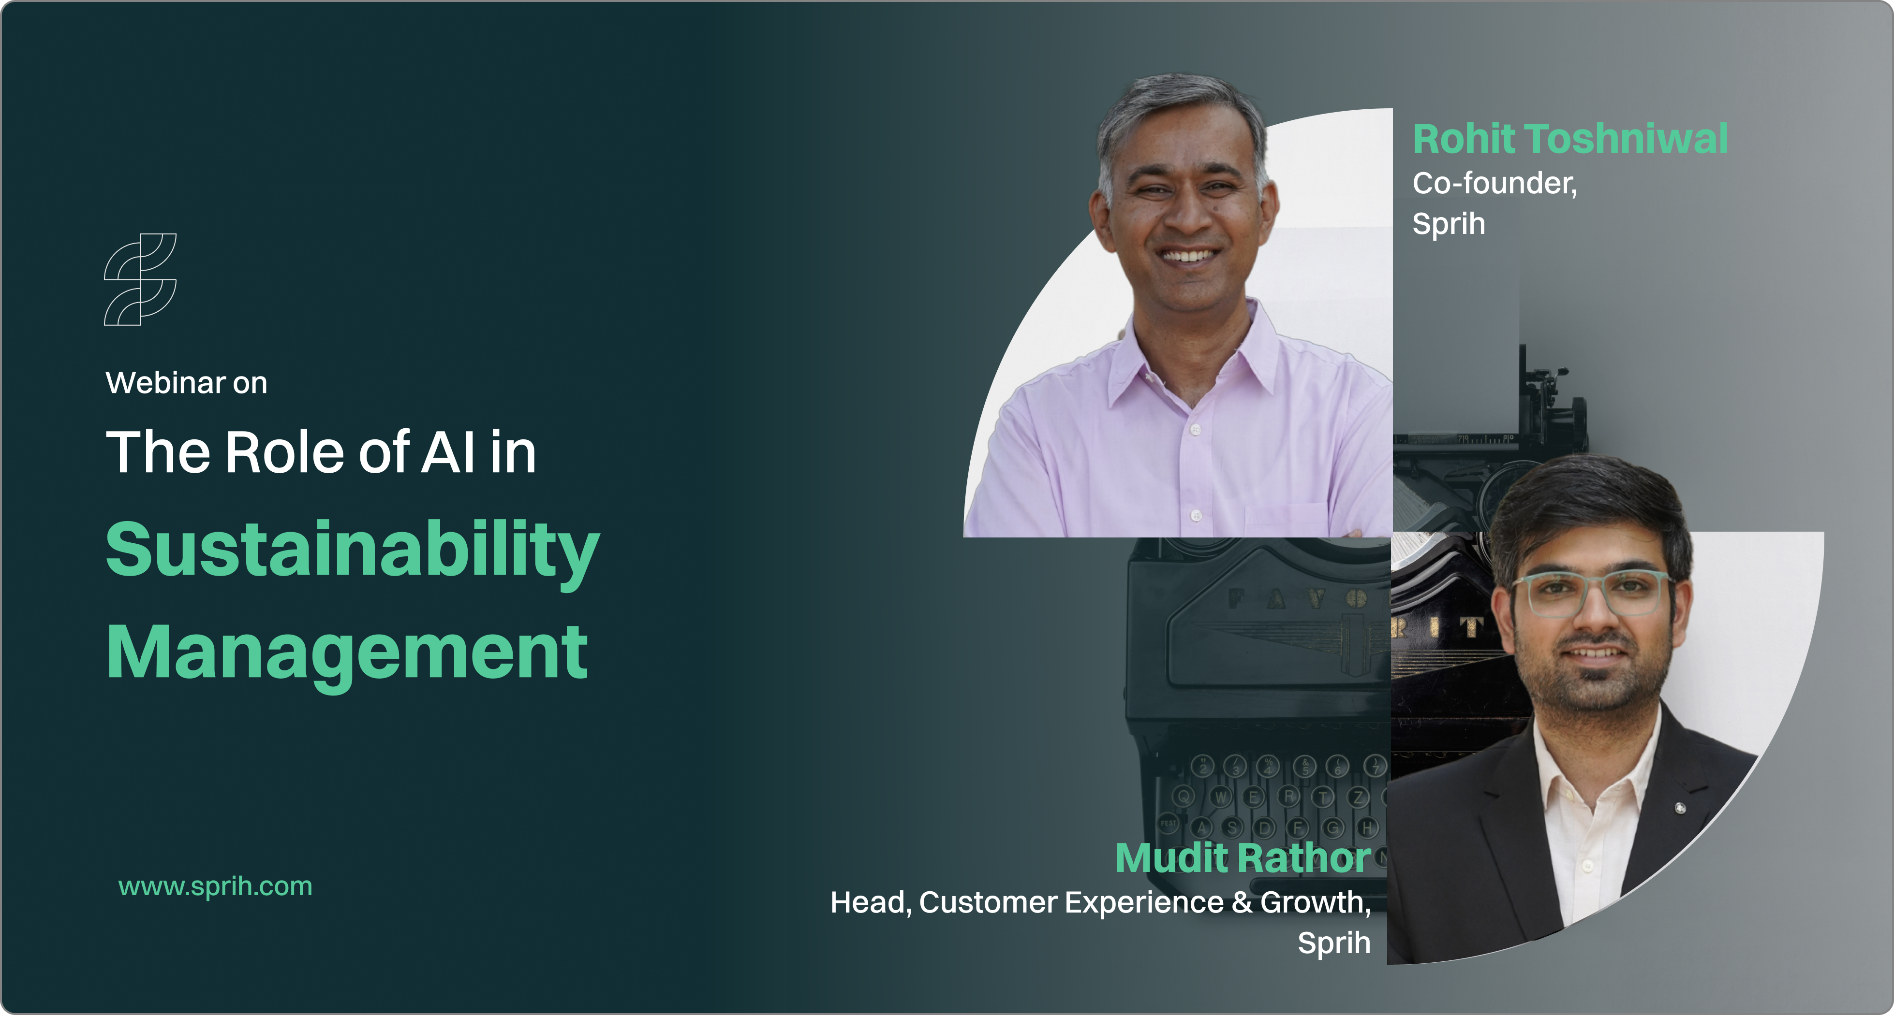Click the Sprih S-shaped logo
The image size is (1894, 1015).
pos(140,279)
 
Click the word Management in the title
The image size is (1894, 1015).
pos(347,652)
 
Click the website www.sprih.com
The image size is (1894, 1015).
pos(215,886)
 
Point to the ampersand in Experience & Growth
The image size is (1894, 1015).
pos(1242,902)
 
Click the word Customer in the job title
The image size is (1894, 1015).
pos(988,902)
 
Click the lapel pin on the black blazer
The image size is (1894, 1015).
pos(1680,809)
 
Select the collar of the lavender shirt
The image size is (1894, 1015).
pos(1191,353)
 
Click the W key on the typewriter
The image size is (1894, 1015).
pos(1221,796)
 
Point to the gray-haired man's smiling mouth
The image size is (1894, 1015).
pos(1187,256)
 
